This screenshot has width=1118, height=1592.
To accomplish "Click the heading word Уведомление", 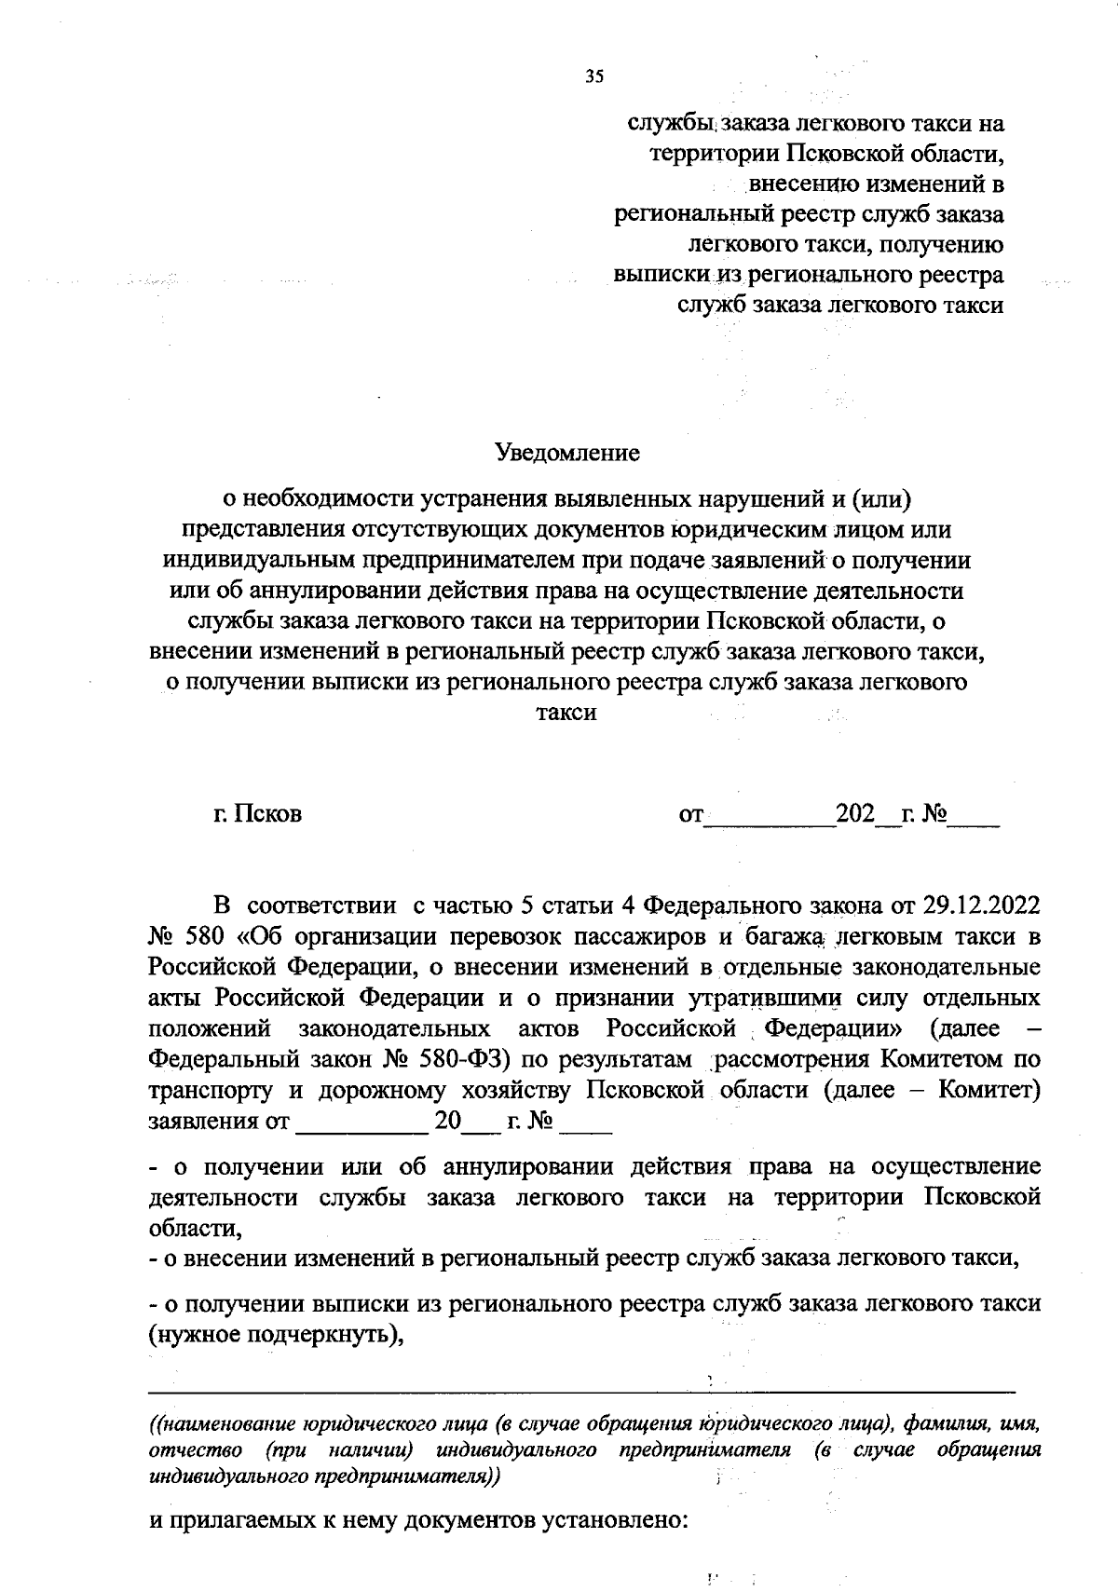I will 567,453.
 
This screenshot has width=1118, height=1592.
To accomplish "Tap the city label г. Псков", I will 257,814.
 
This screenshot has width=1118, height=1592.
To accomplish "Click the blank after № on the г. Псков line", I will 974,816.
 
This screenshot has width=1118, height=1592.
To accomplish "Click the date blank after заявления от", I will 361,1122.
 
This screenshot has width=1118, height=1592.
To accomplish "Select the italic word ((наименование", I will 219,1424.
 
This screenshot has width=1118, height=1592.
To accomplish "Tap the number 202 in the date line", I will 855,814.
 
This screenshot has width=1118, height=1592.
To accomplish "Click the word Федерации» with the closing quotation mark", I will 833,1028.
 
